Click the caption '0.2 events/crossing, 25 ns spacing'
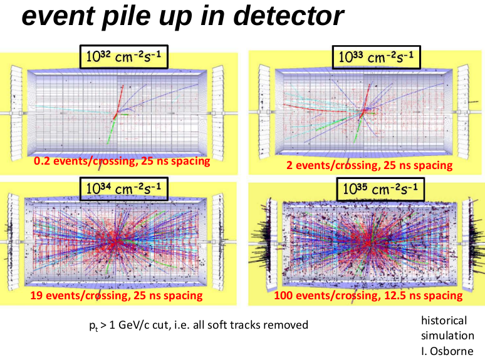[x=121, y=162]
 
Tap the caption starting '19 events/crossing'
[x=118, y=295]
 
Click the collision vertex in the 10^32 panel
[x=115, y=113]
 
